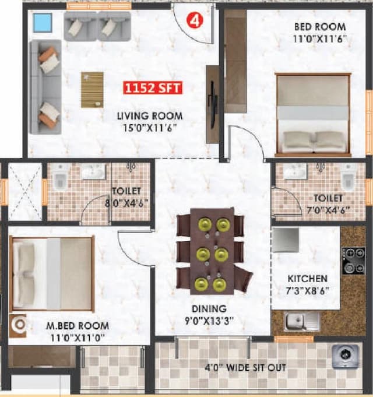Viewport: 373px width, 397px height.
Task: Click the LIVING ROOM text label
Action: (x=150, y=116)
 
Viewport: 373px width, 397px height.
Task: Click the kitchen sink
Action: (x=295, y=320)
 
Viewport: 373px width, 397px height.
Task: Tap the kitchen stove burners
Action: (x=353, y=261)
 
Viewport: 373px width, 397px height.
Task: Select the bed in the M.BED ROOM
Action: (x=52, y=273)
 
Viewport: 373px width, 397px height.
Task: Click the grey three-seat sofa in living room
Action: (x=44, y=87)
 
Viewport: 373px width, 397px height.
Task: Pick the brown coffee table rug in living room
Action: (x=92, y=89)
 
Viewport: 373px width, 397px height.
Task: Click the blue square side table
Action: (x=43, y=23)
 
